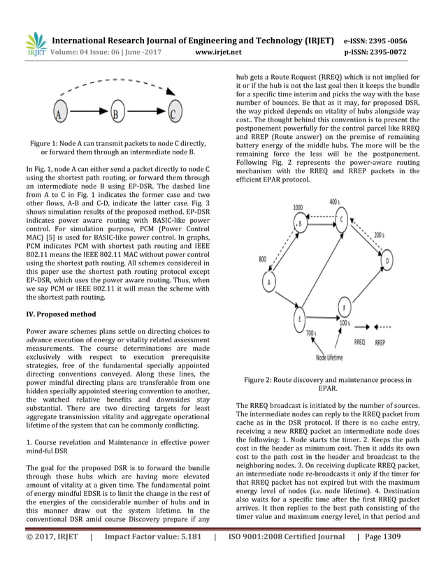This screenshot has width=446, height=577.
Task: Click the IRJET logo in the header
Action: tap(35, 43)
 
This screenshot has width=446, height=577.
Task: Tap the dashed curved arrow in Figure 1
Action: tap(119, 85)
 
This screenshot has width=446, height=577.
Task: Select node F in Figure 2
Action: tap(343, 307)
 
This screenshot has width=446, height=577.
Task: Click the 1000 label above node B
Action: tap(298, 207)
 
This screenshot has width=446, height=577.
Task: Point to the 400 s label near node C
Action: tap(354, 201)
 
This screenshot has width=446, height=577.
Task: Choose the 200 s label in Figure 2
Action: tap(379, 235)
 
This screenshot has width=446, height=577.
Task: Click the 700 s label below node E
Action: tap(312, 334)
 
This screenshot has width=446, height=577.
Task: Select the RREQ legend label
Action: tap(360, 342)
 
